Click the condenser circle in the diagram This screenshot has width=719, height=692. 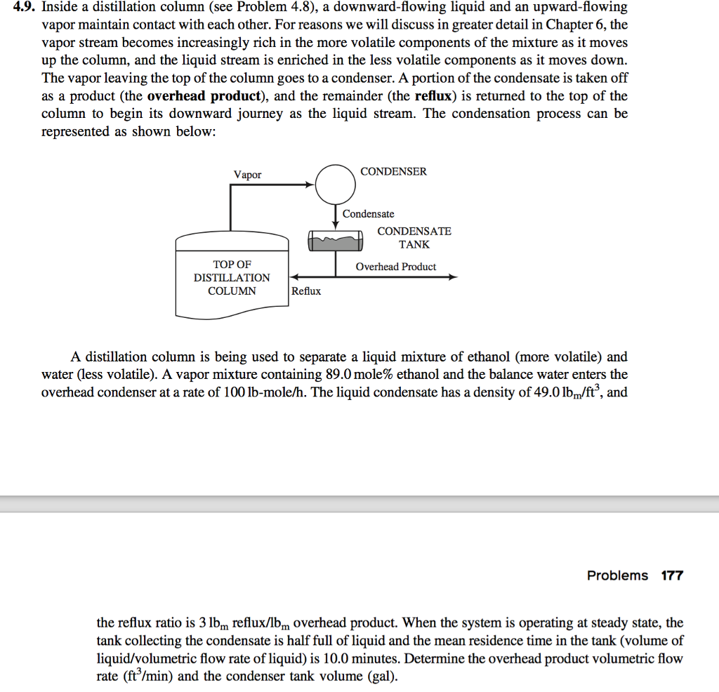click(x=335, y=184)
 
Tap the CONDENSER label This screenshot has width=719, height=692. click(x=393, y=172)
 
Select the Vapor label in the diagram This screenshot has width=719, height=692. click(x=247, y=175)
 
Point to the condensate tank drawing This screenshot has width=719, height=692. click(x=336, y=242)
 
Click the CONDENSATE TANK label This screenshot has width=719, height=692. click(x=414, y=238)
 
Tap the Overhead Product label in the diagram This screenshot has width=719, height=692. click(x=395, y=267)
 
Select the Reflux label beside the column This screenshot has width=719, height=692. click(x=306, y=291)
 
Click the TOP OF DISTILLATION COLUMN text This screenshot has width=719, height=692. click(x=232, y=278)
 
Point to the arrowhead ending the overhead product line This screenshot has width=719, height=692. click(x=453, y=277)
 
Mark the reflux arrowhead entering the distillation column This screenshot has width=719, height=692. click(x=294, y=277)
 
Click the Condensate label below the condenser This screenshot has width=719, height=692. click(x=369, y=214)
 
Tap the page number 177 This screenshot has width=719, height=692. click(x=672, y=575)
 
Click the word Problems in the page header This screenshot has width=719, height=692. click(x=617, y=575)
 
